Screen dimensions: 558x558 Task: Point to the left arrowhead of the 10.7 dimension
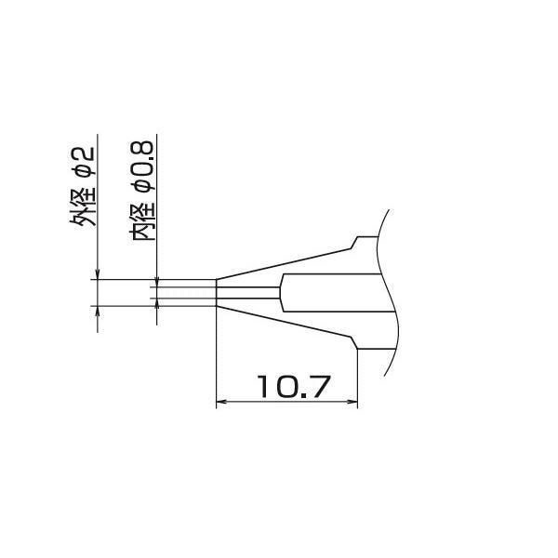[x=221, y=403]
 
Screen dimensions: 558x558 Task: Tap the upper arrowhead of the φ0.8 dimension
[x=157, y=281]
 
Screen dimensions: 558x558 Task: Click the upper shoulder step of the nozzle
[x=353, y=244]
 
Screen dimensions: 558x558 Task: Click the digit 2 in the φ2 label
[x=83, y=150]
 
